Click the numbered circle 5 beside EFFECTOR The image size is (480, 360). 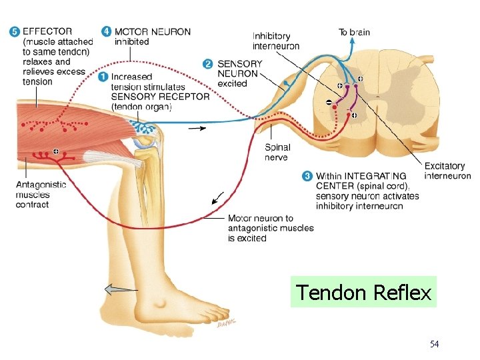(15, 31)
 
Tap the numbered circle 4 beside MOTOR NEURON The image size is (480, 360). (107, 31)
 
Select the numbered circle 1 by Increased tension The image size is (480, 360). (103, 77)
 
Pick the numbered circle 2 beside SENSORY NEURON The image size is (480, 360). (209, 64)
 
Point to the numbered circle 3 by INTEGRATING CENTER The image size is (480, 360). (307, 176)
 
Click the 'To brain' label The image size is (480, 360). (354, 32)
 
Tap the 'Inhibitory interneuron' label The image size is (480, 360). (276, 41)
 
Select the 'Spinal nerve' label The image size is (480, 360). (277, 153)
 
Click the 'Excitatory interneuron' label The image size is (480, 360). (447, 171)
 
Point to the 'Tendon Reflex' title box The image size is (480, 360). (363, 292)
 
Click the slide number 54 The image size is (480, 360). (435, 344)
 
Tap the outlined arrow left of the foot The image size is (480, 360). (120, 289)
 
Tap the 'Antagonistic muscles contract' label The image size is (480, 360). (41, 195)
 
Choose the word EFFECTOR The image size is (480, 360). (47, 31)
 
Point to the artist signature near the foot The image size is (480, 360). (227, 325)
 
